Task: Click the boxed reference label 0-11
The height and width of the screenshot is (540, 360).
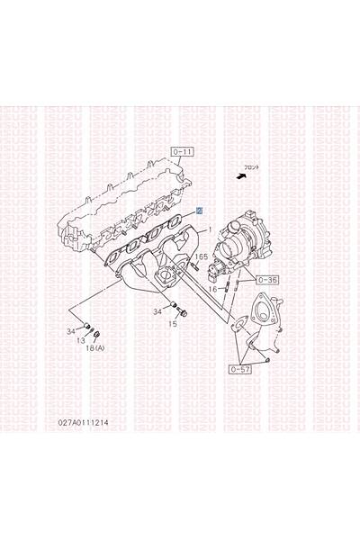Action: (x=182, y=152)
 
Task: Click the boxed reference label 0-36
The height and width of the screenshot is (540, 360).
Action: (x=267, y=280)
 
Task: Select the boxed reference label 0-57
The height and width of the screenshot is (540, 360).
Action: (x=240, y=368)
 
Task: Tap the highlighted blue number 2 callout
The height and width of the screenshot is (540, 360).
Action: (x=199, y=208)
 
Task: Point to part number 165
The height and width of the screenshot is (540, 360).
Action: (x=201, y=257)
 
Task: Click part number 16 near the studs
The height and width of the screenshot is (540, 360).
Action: (x=212, y=288)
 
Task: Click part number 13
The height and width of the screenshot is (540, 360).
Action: (x=80, y=341)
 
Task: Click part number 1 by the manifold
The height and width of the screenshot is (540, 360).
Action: (x=210, y=230)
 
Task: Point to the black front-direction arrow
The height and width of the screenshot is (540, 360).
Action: (x=239, y=178)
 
